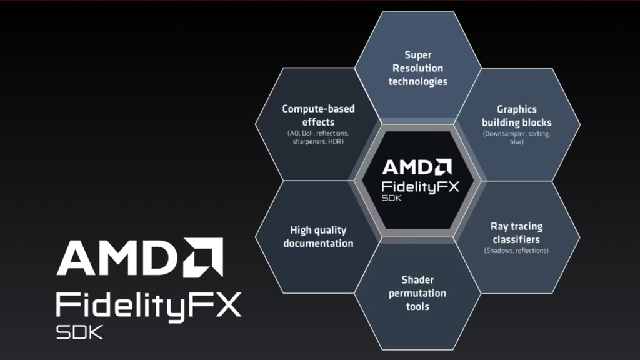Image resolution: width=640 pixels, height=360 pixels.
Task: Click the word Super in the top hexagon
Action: pos(418,55)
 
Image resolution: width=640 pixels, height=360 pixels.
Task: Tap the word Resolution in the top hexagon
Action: pos(417,68)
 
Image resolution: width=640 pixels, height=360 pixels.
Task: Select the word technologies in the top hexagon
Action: pos(418,82)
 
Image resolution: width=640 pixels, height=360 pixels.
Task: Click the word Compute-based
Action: pos(318,109)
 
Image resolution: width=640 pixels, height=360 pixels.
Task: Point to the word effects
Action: pos(318,122)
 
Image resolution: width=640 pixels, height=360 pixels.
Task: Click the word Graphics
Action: pos(517,109)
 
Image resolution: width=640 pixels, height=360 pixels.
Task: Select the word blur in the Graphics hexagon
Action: pos(516,142)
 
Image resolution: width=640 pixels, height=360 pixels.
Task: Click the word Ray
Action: pos(498,227)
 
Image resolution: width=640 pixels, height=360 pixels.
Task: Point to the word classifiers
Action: pos(516,239)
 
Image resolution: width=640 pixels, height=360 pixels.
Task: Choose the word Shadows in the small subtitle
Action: pos(498,251)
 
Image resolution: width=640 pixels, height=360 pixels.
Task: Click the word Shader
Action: pos(417,280)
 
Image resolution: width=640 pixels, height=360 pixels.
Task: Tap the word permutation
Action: pos(417,294)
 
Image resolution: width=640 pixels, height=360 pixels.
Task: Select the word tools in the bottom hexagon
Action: pos(417,306)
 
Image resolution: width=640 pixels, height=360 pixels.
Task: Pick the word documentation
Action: pos(318,244)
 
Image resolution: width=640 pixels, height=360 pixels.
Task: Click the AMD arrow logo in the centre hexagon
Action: pos(443,167)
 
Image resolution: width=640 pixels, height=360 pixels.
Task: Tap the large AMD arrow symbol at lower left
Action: pos(203,257)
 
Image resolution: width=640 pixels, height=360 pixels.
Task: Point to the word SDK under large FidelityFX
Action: pos(79,332)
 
